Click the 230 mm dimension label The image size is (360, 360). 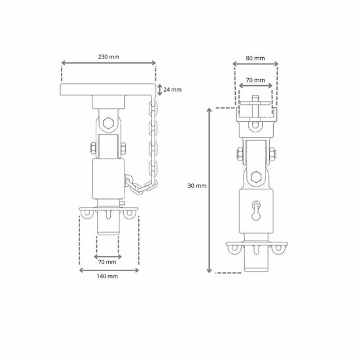[109, 57]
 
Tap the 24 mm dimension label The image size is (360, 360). [172, 90]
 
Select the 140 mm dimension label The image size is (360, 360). [107, 276]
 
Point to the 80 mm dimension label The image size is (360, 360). [255, 58]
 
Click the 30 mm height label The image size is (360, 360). [197, 186]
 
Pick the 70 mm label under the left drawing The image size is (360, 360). [107, 262]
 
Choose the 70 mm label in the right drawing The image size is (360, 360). [255, 80]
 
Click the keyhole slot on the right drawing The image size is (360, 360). [256, 211]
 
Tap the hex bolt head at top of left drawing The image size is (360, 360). [108, 123]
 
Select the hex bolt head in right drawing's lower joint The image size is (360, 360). [256, 177]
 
